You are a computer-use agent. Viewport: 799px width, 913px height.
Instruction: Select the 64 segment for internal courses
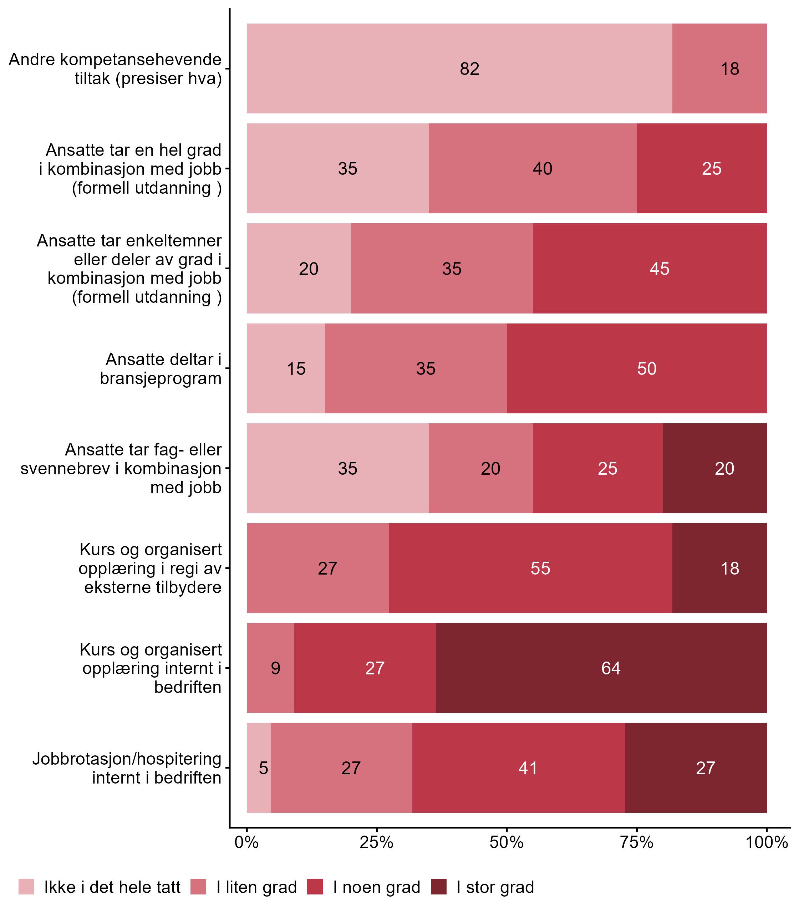pos(610,668)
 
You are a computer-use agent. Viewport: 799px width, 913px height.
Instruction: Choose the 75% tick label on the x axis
pos(636,842)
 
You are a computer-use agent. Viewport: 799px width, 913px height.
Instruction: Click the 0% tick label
pos(246,842)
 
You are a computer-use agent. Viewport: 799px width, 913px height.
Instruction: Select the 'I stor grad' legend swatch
pos(439,887)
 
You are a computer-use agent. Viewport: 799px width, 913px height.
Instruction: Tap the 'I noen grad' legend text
pos(376,887)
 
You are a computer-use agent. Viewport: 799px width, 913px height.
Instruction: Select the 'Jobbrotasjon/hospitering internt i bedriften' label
pos(127,768)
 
